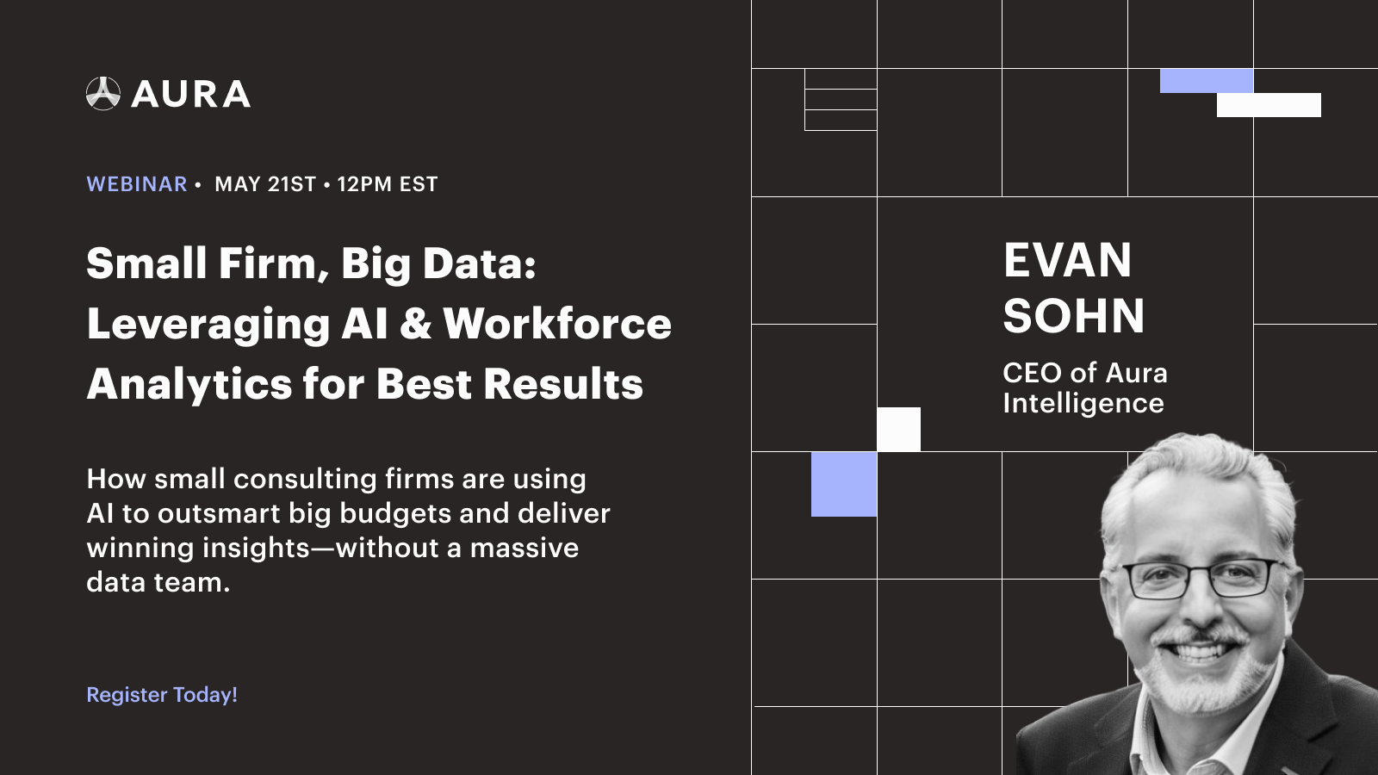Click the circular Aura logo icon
point(103,94)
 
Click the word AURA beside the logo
point(191,95)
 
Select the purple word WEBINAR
point(137,184)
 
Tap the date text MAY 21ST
point(265,184)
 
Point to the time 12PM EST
point(388,184)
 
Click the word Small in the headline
point(146,263)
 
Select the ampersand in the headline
point(416,325)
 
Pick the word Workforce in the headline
point(557,325)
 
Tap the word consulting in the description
point(305,479)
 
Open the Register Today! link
point(162,695)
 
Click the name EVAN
point(1067,261)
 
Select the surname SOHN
point(1074,316)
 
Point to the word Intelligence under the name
point(1083,403)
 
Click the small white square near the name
point(898,429)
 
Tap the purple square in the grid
point(844,484)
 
